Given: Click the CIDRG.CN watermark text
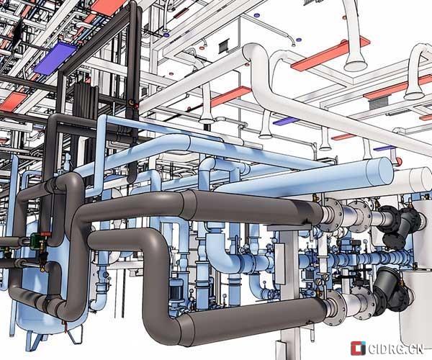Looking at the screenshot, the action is [x=395, y=349].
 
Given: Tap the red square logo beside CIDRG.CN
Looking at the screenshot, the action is [x=358, y=348].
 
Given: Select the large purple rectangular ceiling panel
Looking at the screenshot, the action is [x=55, y=59].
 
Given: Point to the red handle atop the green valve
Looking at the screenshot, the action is [x=46, y=234].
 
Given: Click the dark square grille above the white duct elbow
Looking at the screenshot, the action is [x=225, y=46].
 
